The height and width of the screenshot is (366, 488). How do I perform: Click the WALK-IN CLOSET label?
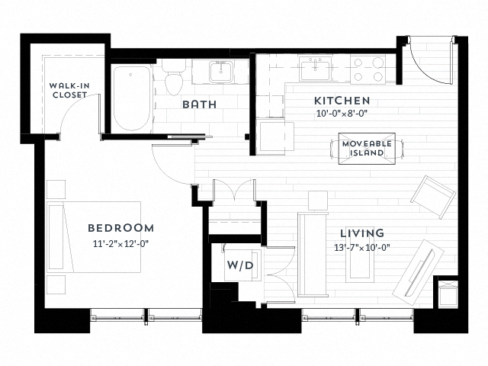[68, 90]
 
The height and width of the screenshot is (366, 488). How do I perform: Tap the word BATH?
[198, 104]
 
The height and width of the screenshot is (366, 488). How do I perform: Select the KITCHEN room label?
[342, 101]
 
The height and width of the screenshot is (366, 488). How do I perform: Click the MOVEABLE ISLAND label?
[367, 148]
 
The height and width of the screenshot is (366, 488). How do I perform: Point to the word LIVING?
[363, 233]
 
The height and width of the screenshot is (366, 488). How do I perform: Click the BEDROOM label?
[120, 227]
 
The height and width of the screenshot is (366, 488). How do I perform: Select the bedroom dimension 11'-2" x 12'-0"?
[120, 244]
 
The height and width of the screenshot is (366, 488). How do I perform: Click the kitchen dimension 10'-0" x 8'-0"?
[342, 114]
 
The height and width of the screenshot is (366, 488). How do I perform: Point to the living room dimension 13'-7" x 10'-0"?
[363, 247]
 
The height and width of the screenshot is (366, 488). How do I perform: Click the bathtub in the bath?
[132, 98]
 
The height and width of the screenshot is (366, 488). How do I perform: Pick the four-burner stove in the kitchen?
[368, 69]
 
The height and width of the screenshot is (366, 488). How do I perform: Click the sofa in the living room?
[312, 255]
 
